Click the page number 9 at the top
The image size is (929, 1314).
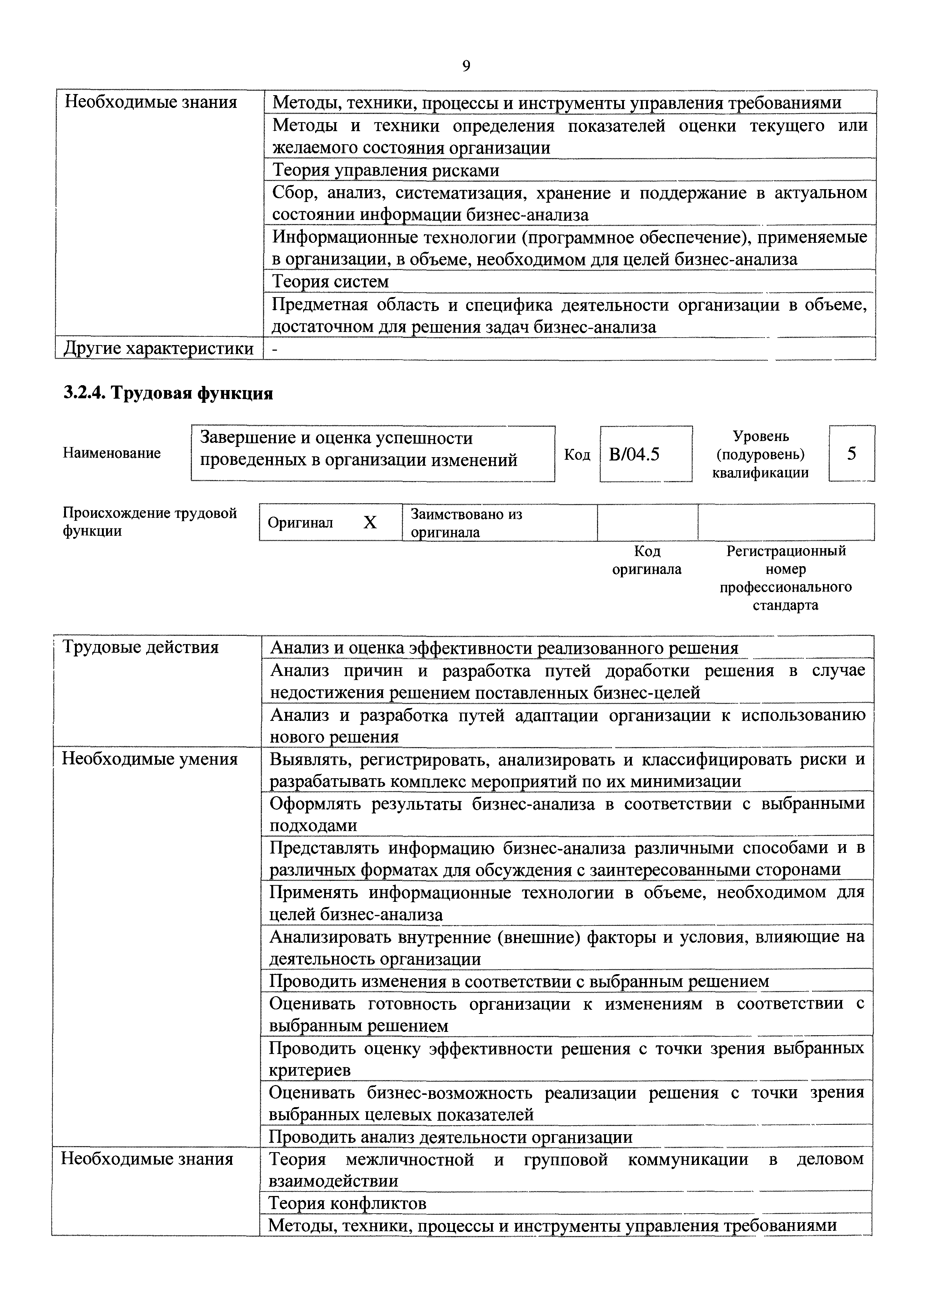pos(466,66)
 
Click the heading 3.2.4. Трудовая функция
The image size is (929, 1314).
pos(168,393)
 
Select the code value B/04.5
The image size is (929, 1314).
pos(634,454)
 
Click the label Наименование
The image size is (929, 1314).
pos(112,453)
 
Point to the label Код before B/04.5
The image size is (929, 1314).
pos(577,454)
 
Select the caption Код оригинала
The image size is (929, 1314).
pos(647,560)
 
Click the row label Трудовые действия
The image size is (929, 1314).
pos(140,647)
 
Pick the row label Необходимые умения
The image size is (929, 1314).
pos(150,759)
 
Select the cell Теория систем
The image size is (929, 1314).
pos(330,281)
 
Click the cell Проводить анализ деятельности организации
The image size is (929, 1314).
pos(450,1136)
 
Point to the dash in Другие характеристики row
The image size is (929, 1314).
pos(275,348)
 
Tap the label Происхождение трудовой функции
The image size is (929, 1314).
pos(150,521)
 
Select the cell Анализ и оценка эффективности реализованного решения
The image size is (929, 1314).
pos(504,648)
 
